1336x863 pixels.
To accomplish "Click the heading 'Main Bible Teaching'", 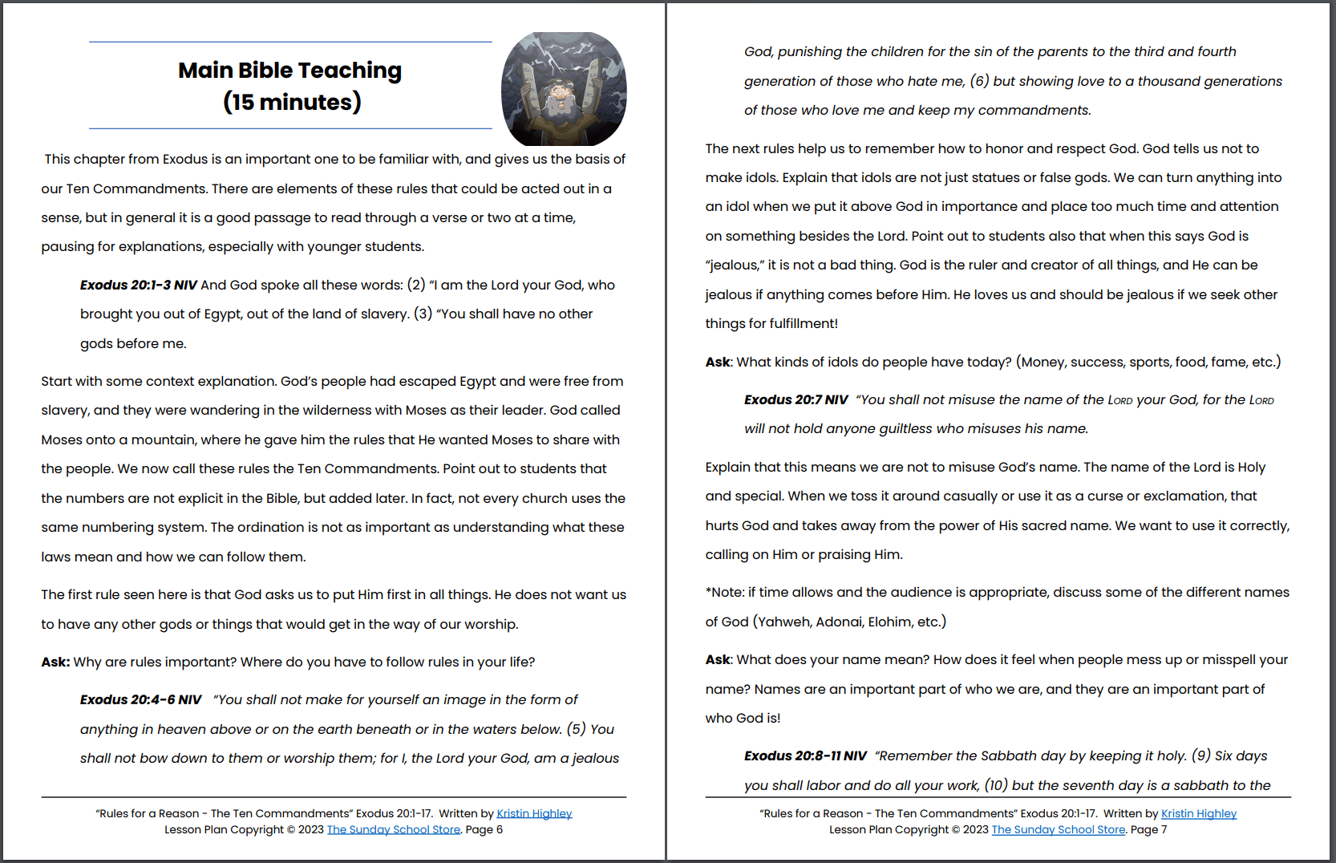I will (x=289, y=71).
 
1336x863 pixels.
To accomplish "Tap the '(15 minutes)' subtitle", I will (x=292, y=102).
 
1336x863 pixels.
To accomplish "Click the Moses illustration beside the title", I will (x=564, y=89).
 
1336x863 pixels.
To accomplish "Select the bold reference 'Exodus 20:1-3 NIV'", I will (x=138, y=285).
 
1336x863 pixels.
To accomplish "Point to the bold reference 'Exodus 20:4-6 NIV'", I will (x=140, y=699).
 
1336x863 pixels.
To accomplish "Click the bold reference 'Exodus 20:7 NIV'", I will (x=796, y=399).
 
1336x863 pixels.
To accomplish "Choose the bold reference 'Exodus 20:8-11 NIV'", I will (x=805, y=756).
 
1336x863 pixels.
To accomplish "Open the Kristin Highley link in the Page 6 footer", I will (x=534, y=813).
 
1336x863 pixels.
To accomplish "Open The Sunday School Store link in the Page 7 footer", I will (x=1058, y=829).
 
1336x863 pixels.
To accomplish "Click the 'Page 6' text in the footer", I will (x=484, y=829).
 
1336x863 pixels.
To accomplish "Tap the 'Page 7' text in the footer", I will (x=1148, y=829).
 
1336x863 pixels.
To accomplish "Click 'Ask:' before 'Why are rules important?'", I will (x=55, y=662).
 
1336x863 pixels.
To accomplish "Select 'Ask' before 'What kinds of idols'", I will (x=718, y=362).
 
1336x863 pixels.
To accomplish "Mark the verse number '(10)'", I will (x=996, y=785).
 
